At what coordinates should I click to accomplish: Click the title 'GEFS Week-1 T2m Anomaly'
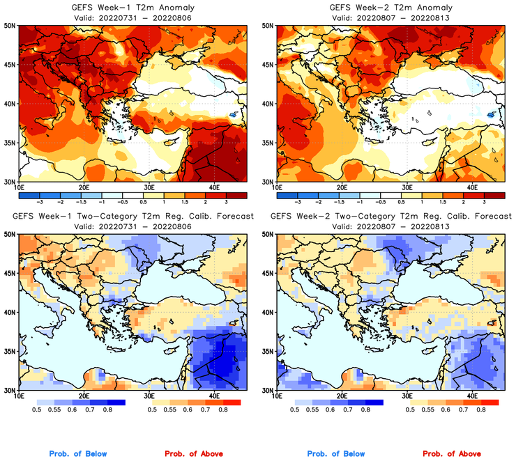pos(133,7)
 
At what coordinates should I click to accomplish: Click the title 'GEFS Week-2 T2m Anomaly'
pos(390,7)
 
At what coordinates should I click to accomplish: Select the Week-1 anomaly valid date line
pos(133,17)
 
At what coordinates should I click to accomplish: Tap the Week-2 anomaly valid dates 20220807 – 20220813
pos(390,17)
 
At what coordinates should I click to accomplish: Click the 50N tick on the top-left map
pos(10,25)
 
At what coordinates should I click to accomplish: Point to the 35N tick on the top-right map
pos(268,143)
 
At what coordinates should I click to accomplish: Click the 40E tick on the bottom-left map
pos(213,397)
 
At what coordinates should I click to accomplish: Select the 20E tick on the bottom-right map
pos(342,397)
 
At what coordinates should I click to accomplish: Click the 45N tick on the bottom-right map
pos(268,273)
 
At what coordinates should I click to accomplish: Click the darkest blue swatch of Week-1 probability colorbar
pos(116,403)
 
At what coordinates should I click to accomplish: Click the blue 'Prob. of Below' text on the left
pos(78,454)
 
